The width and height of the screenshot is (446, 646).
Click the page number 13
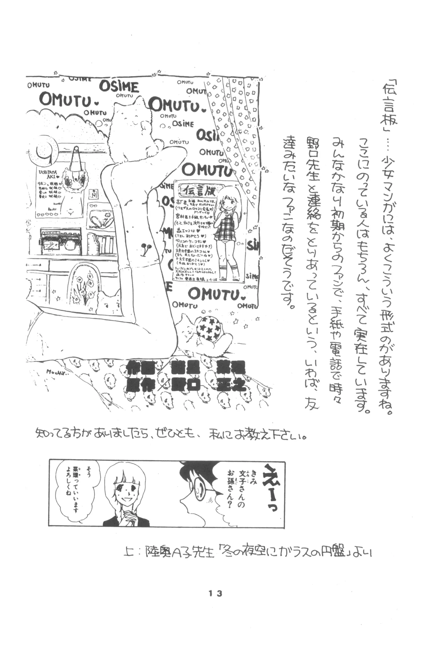pos(215,593)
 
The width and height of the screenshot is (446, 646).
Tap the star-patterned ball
pos(208,328)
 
